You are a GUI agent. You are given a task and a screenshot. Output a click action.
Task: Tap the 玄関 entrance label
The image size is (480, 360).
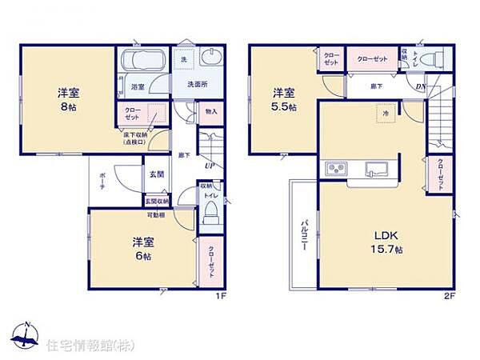(156, 174)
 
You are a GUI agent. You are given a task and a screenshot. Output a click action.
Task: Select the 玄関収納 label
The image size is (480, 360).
(157, 201)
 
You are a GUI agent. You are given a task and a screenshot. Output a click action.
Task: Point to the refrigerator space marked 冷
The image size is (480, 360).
(383, 114)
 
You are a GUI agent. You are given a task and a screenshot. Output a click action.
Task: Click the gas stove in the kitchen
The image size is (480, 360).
(336, 169)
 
